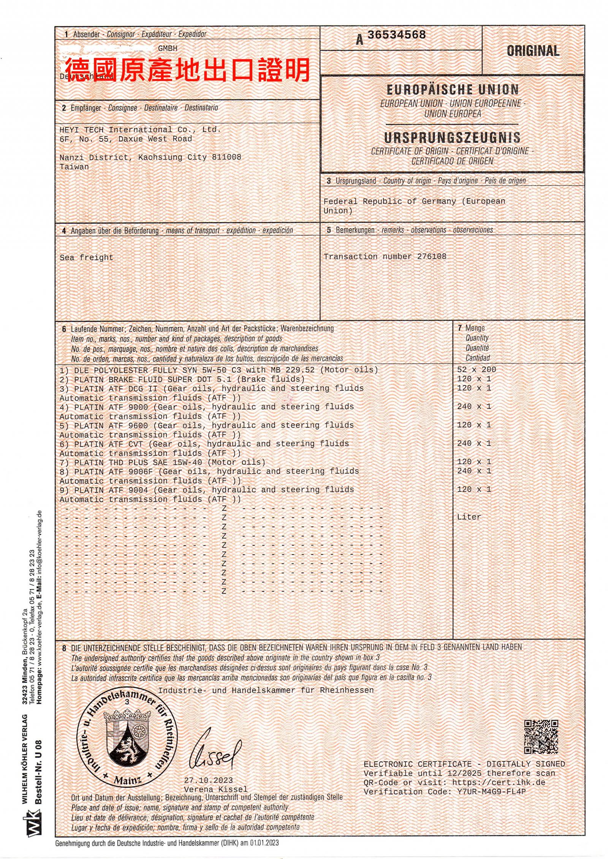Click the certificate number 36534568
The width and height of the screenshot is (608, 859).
[396, 35]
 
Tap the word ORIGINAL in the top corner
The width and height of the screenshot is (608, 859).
[533, 51]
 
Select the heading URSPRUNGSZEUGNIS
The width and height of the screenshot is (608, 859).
[452, 137]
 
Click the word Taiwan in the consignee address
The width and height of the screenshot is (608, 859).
[74, 167]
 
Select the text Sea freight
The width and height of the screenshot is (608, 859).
[86, 257]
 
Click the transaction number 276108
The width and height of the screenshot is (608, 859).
[432, 256]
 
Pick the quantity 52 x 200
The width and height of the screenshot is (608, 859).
[477, 369]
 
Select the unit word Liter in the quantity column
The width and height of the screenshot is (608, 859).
[469, 517]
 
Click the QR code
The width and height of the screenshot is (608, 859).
[541, 737]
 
